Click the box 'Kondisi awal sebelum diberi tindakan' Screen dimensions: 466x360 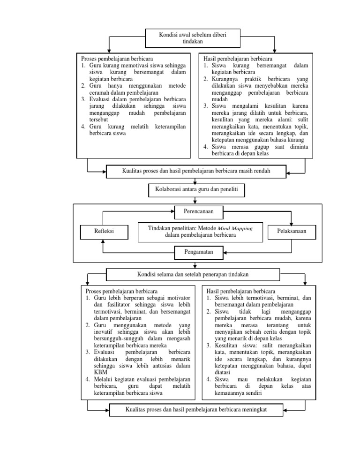(x=193, y=38)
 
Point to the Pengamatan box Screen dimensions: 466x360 (x=199, y=252)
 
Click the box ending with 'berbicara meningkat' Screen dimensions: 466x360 (x=196, y=409)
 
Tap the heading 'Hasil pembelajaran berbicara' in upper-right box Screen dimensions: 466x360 (x=237, y=59)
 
